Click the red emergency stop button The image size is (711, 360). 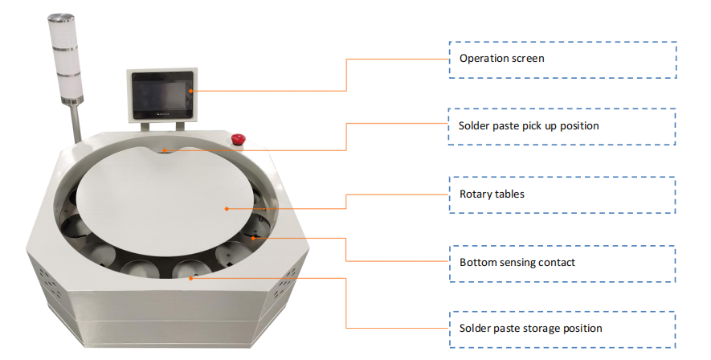[x=238, y=141]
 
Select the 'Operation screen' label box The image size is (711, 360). [x=562, y=59]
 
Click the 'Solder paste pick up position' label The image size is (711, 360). [x=562, y=126]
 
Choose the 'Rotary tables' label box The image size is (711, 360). [x=562, y=194]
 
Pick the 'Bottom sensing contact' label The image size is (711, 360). [x=562, y=262]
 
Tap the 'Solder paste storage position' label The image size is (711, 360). [x=562, y=328]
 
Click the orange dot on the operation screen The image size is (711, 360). [x=191, y=92]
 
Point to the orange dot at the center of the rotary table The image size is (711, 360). [x=227, y=209]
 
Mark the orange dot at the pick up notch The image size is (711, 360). [x=164, y=149]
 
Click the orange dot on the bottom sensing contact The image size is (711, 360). [x=252, y=237]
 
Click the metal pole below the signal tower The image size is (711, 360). [x=73, y=125]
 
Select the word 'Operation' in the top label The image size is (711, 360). [x=485, y=59]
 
